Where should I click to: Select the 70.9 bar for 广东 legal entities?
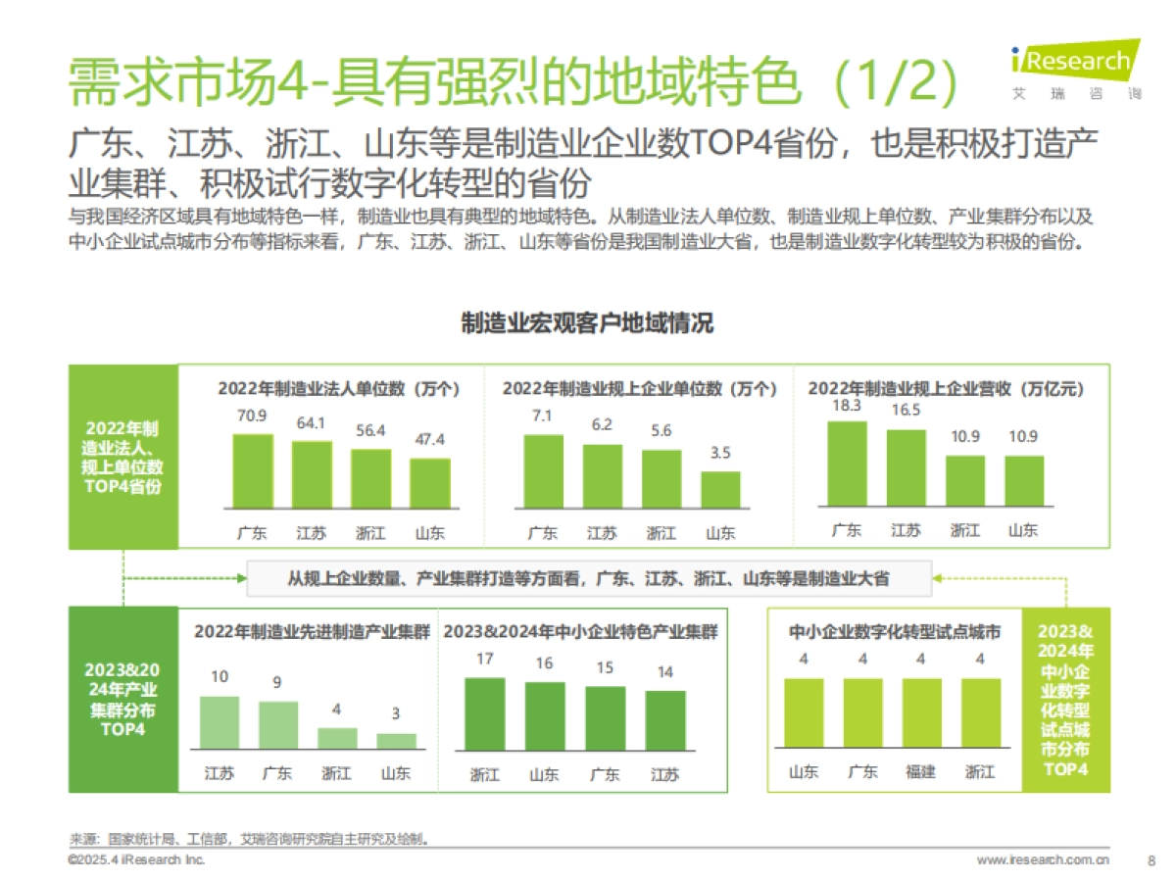click(252, 471)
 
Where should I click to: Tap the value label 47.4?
click(429, 439)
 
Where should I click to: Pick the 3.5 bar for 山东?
click(721, 489)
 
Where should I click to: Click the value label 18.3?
click(846, 405)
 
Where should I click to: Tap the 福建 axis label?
click(921, 771)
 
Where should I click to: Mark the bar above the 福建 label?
click(921, 713)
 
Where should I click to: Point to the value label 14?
click(665, 672)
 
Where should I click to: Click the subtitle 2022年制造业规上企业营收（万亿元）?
click(946, 388)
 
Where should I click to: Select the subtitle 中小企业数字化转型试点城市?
click(895, 633)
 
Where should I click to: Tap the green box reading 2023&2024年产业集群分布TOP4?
click(122, 700)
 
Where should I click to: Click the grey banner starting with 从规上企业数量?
click(588, 578)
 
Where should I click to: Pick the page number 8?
click(1151, 859)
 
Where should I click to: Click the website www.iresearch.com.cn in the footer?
click(1043, 859)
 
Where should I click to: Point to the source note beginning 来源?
click(250, 839)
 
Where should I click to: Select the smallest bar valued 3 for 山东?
click(397, 741)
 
